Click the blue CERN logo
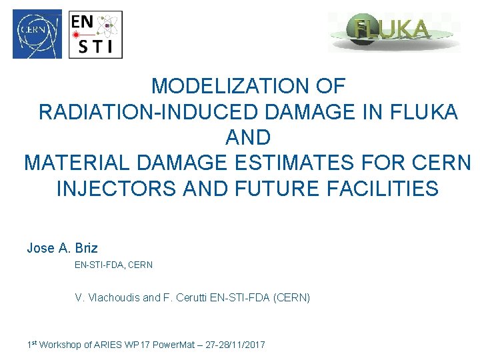pyautogui.click(x=37, y=34)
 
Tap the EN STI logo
pyautogui.click(x=96, y=34)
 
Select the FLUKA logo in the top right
pyautogui.click(x=393, y=31)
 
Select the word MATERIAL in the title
pyautogui.click(x=73, y=163)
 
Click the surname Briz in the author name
pyautogui.click(x=87, y=249)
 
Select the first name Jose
pyautogui.click(x=41, y=249)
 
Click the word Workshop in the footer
pyautogui.click(x=62, y=345)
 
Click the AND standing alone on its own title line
pyautogui.click(x=248, y=137)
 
